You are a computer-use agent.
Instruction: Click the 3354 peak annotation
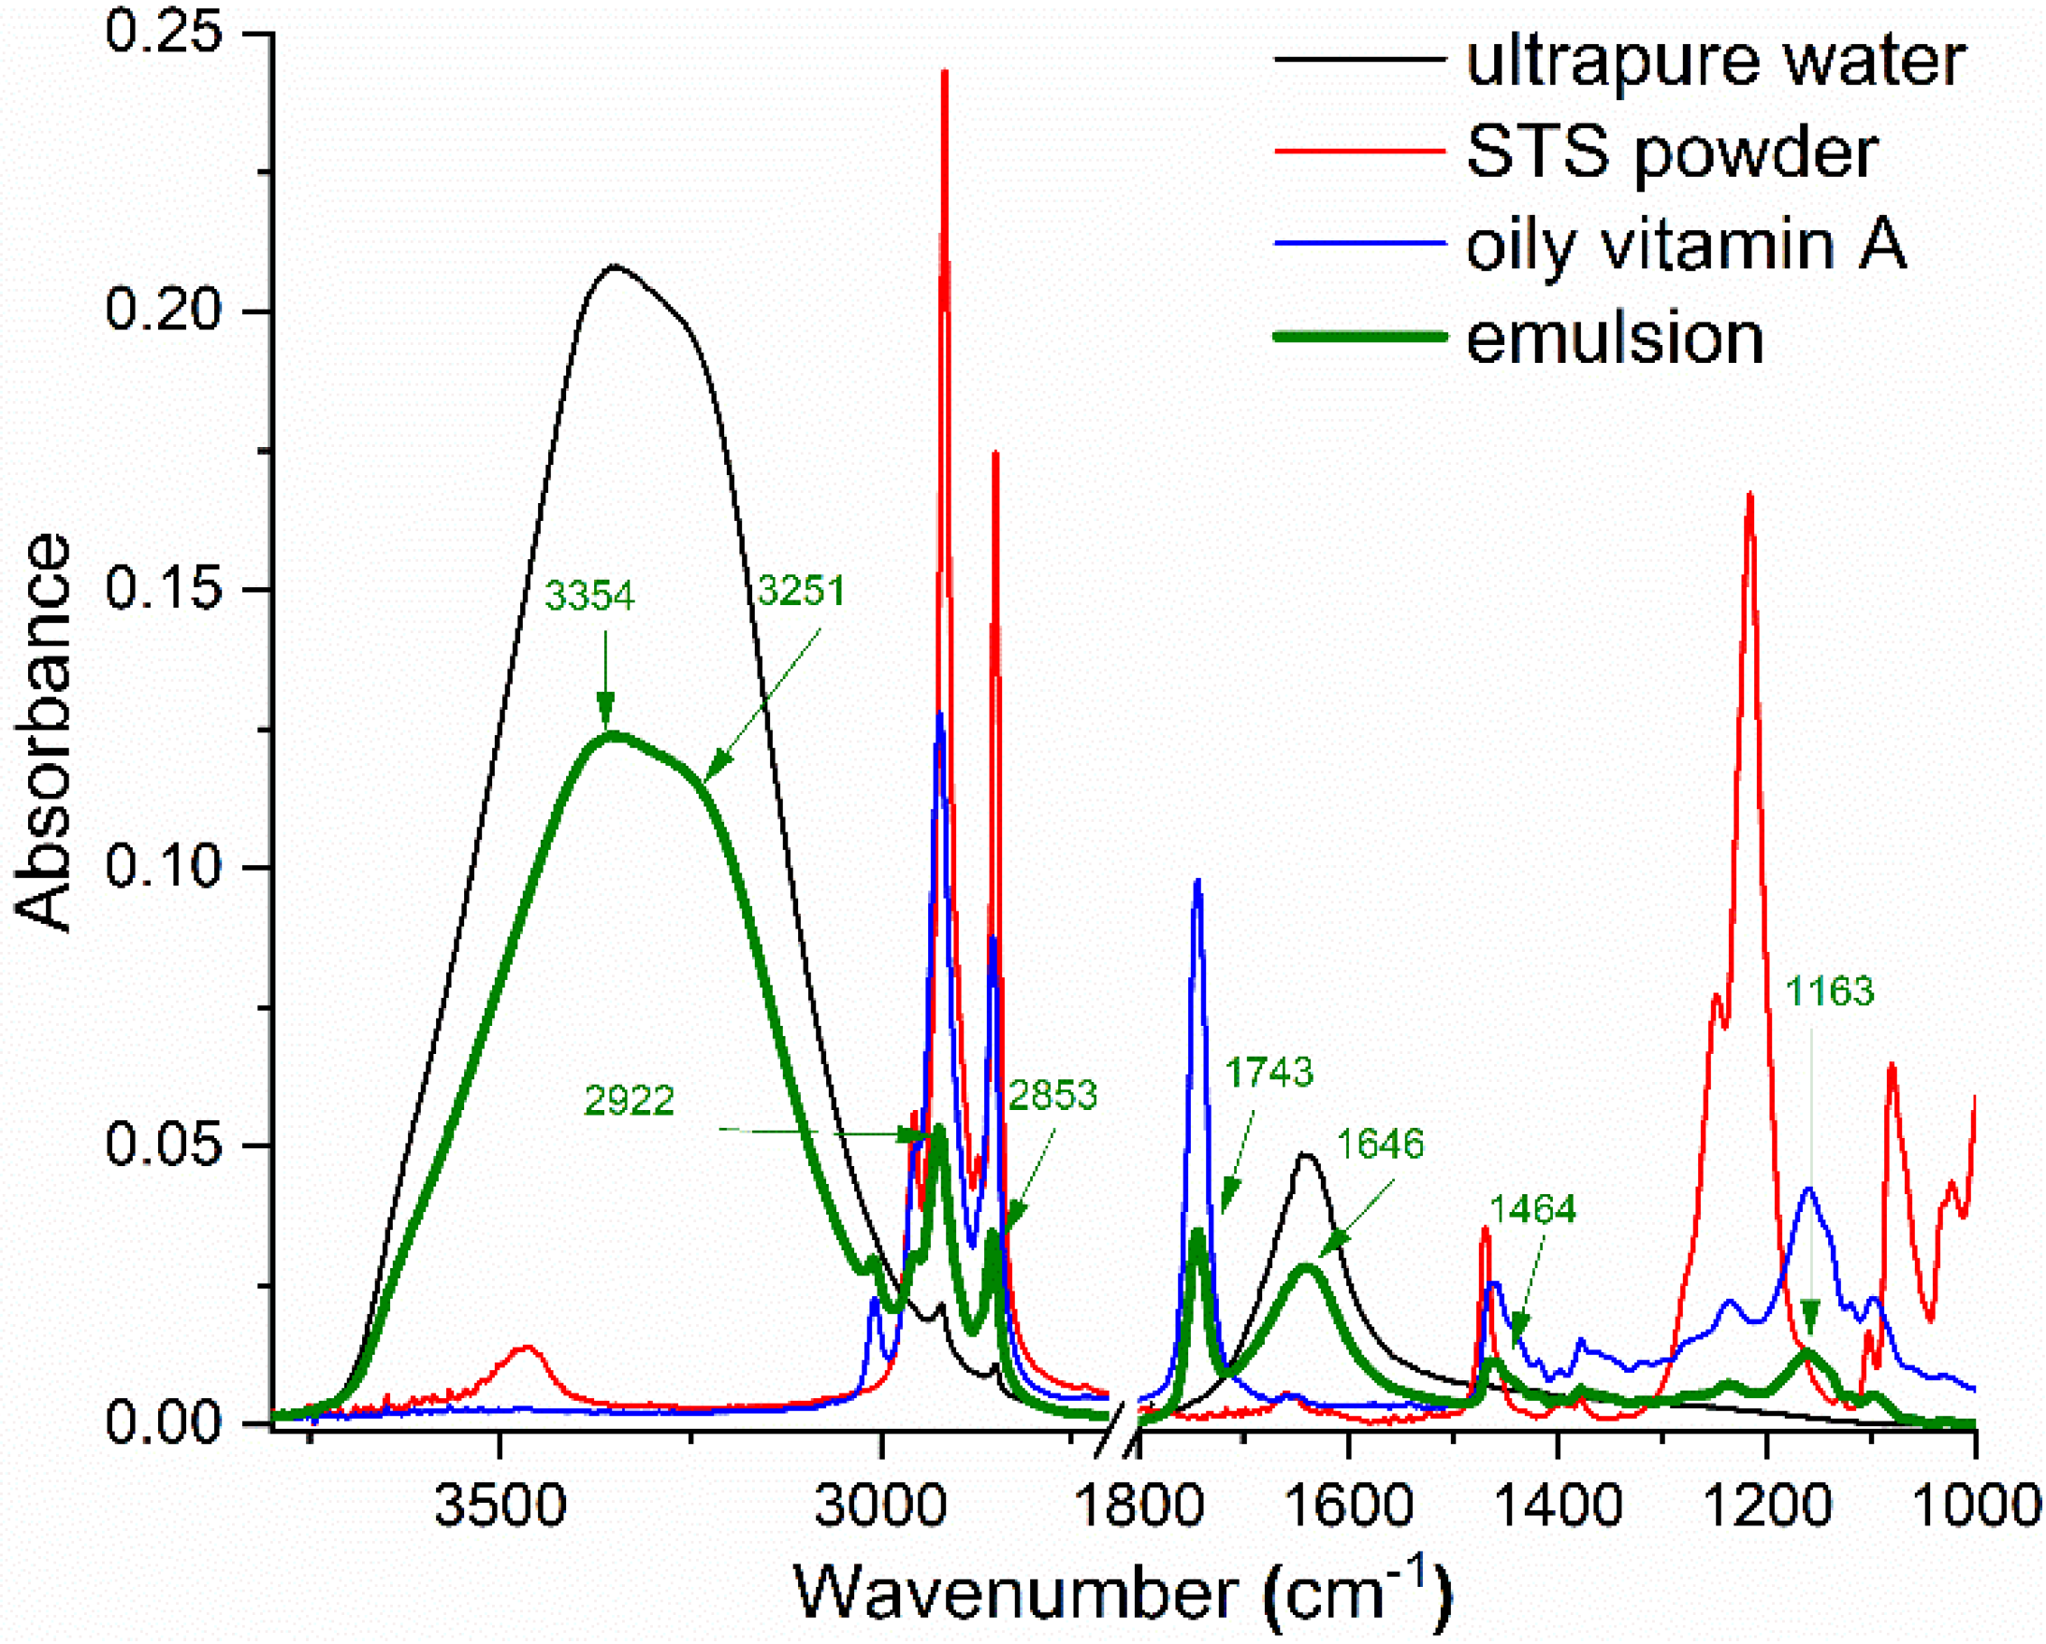pos(589,596)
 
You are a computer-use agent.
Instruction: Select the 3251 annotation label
pos(802,591)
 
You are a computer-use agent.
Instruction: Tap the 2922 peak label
pos(630,1101)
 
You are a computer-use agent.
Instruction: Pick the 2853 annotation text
pos(1052,1096)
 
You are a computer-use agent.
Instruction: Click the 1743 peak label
pos(1269,1072)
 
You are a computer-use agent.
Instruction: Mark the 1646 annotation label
pos(1380,1144)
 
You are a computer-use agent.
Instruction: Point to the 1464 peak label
pos(1532,1209)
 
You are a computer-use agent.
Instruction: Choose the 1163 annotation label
pos(1830,991)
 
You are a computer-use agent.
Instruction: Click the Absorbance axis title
pos(43,732)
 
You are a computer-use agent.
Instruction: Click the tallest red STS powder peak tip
pos(944,72)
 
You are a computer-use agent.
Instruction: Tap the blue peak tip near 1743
pos(1197,880)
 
